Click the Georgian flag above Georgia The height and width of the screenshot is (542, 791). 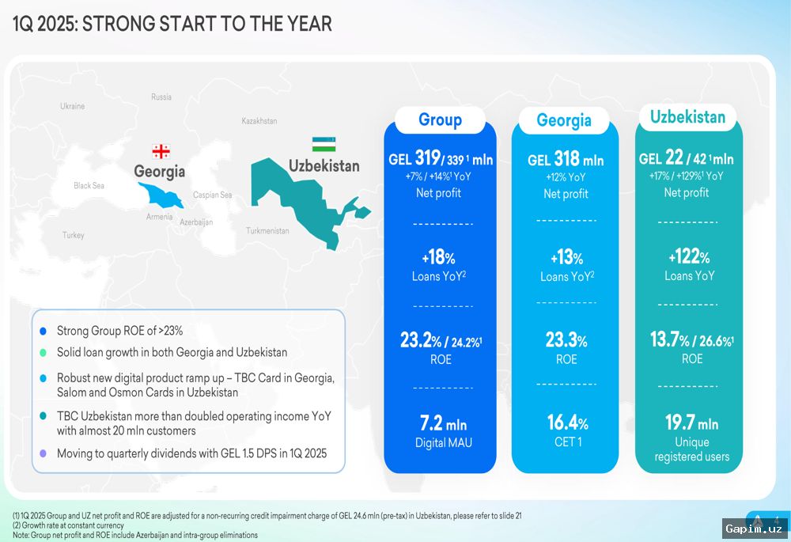[x=161, y=151]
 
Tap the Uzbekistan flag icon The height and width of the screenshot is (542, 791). [x=323, y=143]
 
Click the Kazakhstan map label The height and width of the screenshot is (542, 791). [x=259, y=121]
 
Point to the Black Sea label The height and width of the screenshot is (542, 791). [x=89, y=186]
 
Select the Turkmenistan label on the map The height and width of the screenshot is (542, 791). [x=267, y=231]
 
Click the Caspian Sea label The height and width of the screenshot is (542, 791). [x=213, y=195]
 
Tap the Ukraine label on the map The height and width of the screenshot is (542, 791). [x=72, y=106]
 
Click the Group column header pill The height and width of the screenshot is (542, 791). [x=440, y=120]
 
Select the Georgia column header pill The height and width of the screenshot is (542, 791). [x=564, y=121]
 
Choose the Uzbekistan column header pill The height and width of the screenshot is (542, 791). [x=687, y=118]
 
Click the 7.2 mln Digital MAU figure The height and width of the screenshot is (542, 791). [x=443, y=424]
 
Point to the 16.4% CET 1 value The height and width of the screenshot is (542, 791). [x=566, y=423]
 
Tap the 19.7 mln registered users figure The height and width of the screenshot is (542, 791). [x=691, y=424]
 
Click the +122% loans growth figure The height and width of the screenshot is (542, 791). [x=688, y=257]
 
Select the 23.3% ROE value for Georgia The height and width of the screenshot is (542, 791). [x=566, y=341]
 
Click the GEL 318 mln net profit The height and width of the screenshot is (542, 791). [x=566, y=160]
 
